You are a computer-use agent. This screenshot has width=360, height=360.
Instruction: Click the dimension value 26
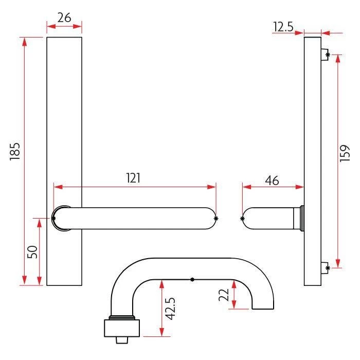[64, 17]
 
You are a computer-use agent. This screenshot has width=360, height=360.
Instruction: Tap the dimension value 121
[133, 178]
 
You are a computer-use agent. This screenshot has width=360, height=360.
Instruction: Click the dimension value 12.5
[283, 27]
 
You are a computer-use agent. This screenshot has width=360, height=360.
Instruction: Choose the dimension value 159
[345, 153]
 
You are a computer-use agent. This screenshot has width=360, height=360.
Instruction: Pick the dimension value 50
[31, 253]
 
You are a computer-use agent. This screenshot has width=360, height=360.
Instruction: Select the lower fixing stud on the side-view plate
[325, 267]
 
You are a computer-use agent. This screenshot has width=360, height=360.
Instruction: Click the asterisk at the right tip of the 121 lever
[215, 219]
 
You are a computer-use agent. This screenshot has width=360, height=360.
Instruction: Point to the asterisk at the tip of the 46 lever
[243, 219]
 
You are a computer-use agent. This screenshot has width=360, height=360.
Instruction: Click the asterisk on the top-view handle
[192, 280]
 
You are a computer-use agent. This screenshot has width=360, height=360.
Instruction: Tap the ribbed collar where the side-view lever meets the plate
[300, 218]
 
